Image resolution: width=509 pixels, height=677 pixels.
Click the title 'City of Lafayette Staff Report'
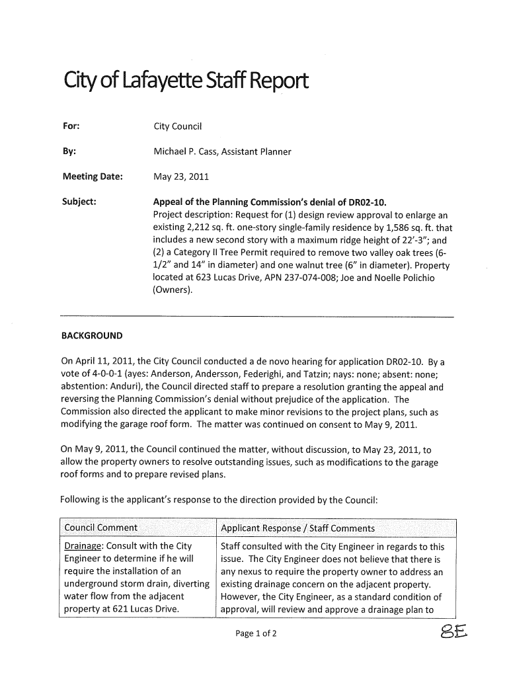coord(184,84)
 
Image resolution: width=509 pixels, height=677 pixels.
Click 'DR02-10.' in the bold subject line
coord(375,202)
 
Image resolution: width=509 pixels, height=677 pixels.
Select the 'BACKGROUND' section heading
coord(91,336)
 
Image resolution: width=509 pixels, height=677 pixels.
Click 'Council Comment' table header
coord(100,528)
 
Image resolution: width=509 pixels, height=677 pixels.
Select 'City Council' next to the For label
coord(178,126)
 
